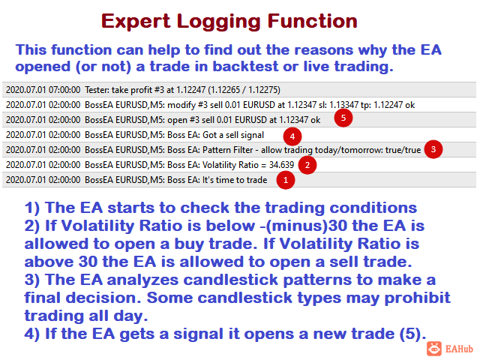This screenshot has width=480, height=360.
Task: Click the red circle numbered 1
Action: (x=286, y=180)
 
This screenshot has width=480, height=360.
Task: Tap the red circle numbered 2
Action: (x=307, y=165)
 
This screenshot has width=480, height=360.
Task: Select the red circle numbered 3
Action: (x=433, y=149)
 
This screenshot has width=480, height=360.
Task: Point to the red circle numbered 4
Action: (x=292, y=136)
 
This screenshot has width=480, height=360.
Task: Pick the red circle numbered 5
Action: (x=343, y=118)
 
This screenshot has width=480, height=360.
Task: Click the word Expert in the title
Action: (x=135, y=22)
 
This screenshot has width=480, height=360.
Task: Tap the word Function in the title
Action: (x=312, y=21)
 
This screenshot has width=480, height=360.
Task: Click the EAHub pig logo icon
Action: (x=434, y=349)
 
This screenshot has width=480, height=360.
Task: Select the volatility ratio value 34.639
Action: (x=281, y=165)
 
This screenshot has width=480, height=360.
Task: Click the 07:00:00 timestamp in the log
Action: (x=64, y=90)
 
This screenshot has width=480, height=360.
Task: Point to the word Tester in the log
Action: (x=96, y=90)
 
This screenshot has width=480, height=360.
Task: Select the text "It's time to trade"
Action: (x=235, y=180)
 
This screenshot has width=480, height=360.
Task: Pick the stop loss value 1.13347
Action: (x=343, y=105)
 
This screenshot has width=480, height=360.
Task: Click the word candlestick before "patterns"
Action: (x=231, y=280)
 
